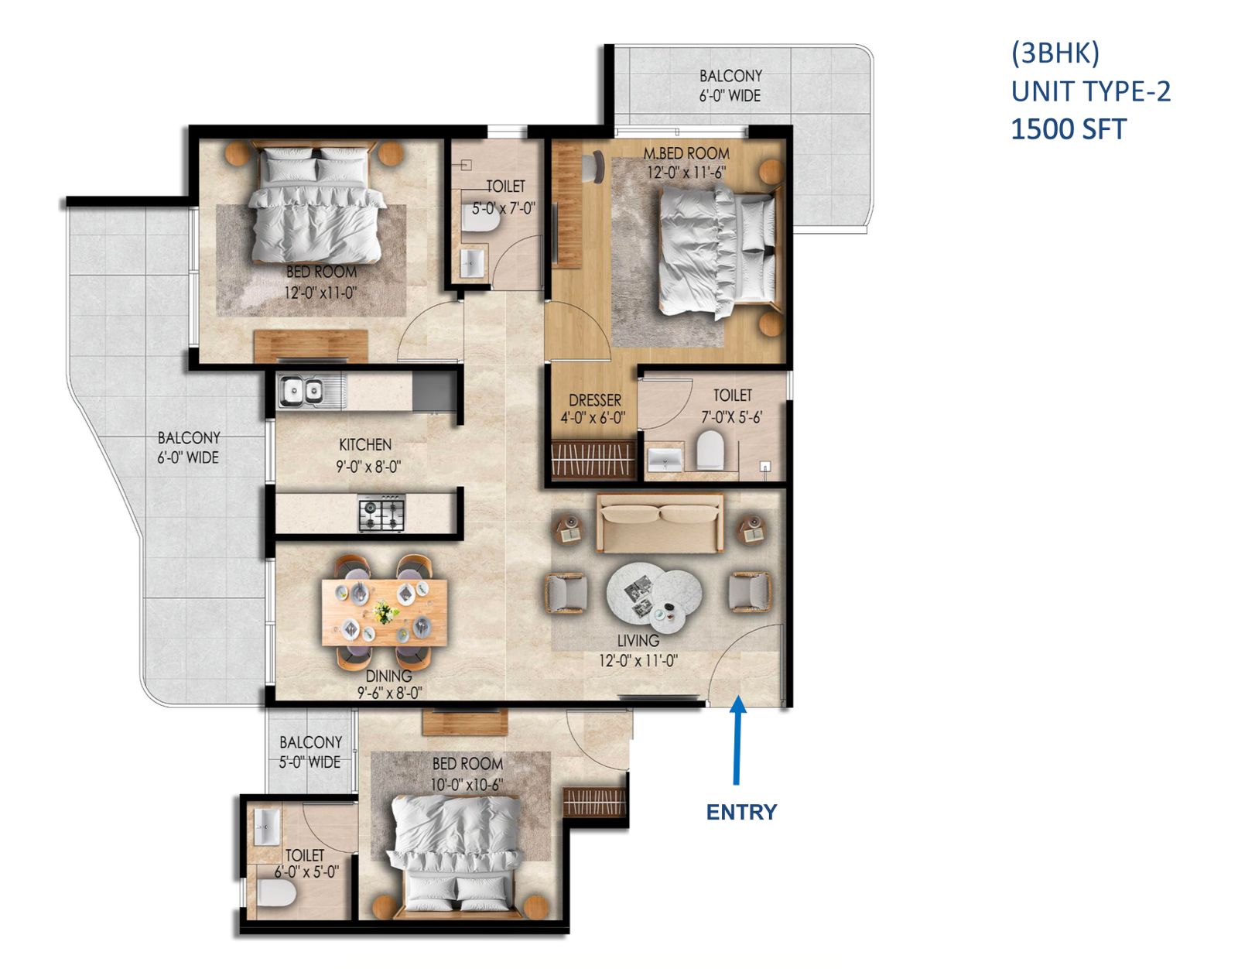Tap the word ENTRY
(741, 812)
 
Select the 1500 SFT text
(1069, 129)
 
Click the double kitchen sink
(302, 391)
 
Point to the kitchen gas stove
(381, 513)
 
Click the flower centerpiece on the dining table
(385, 612)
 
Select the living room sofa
(660, 523)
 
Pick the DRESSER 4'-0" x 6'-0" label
(593, 409)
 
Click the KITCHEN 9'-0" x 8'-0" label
(367, 455)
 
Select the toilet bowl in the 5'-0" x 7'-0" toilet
(480, 221)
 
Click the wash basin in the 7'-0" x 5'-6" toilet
(665, 459)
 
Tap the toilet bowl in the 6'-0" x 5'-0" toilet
(275, 895)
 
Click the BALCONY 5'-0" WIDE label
(310, 752)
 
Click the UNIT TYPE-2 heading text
(1090, 91)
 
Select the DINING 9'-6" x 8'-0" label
(388, 684)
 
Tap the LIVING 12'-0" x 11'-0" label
(638, 650)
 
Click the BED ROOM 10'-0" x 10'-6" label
(467, 773)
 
